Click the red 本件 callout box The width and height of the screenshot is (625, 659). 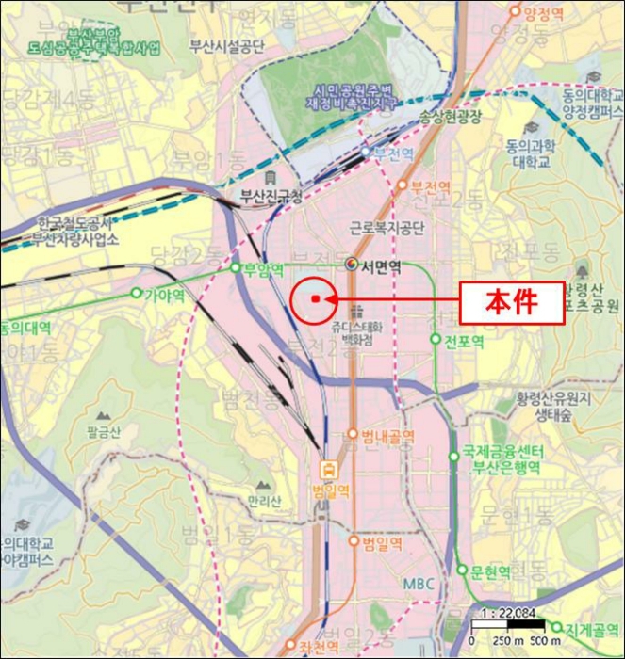[511, 302]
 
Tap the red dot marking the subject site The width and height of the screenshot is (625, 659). [314, 300]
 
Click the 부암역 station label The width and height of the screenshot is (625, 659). [263, 267]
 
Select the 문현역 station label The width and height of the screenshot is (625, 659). [490, 571]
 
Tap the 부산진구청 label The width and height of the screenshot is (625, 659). [271, 197]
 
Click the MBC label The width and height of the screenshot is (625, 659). [419, 584]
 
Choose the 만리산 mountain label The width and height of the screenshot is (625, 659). [264, 500]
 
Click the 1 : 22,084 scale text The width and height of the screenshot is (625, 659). [508, 612]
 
